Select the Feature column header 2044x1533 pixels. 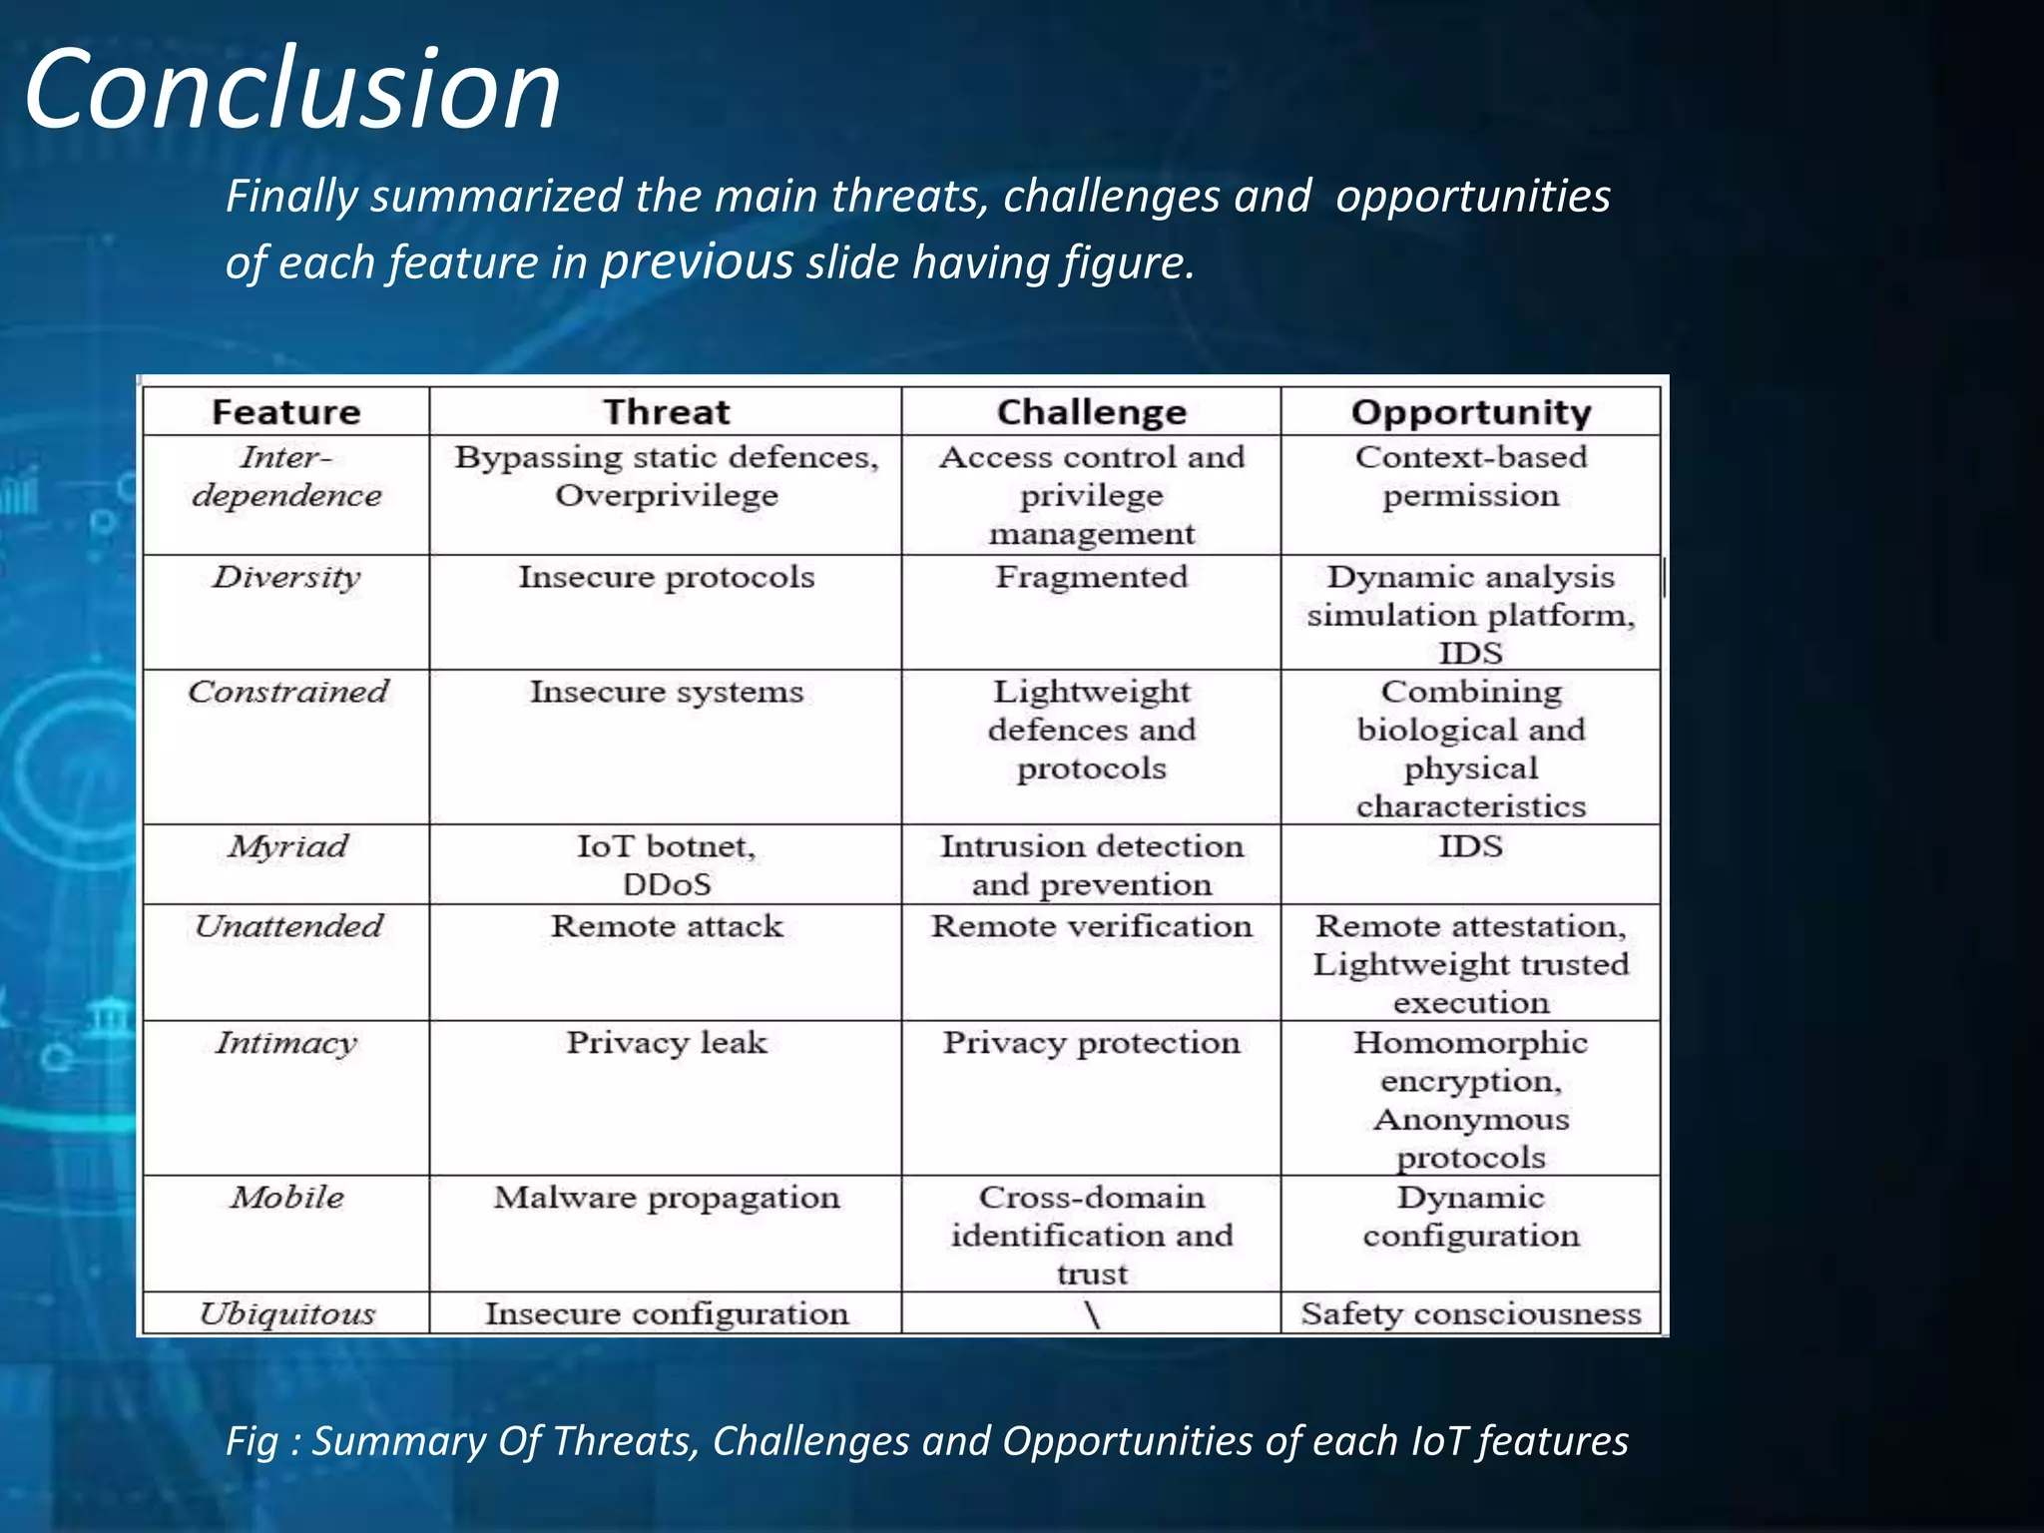pyautogui.click(x=285, y=412)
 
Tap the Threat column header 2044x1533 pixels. pyautogui.click(x=666, y=412)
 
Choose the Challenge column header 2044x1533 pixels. pyautogui.click(x=1091, y=412)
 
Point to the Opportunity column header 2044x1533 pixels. pyautogui.click(x=1470, y=412)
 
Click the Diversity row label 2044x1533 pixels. pyautogui.click(x=285, y=577)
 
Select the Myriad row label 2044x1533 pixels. pyautogui.click(x=286, y=846)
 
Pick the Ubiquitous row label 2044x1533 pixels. pyautogui.click(x=286, y=1313)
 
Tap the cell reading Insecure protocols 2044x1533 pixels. pyautogui.click(x=666, y=577)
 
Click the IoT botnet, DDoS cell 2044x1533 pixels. pyautogui.click(x=666, y=864)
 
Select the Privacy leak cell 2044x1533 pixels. pyautogui.click(x=666, y=1043)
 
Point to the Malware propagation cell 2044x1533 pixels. pyautogui.click(x=666, y=1198)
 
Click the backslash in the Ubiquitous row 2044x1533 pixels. pyautogui.click(x=1092, y=1314)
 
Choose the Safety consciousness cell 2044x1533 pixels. pyautogui.click(x=1470, y=1313)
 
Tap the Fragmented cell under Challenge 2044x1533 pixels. pyautogui.click(x=1091, y=577)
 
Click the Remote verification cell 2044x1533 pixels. pyautogui.click(x=1091, y=926)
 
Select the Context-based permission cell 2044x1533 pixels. pyautogui.click(x=1470, y=476)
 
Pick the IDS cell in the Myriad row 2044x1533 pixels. pyautogui.click(x=1470, y=846)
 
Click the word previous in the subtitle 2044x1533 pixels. pyautogui.click(x=697, y=262)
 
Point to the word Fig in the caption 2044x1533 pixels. pyautogui.click(x=252, y=1441)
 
